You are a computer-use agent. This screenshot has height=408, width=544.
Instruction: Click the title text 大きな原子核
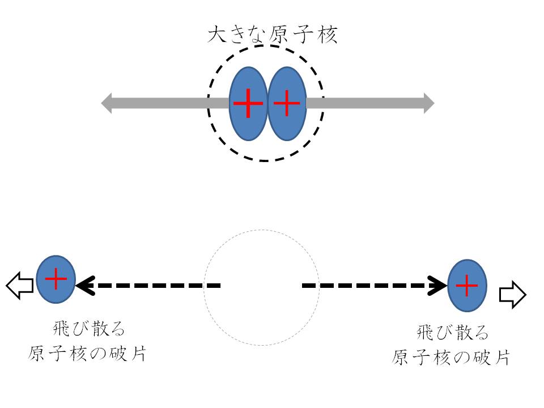click(x=273, y=35)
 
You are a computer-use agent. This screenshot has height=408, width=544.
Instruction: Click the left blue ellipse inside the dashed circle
click(x=248, y=103)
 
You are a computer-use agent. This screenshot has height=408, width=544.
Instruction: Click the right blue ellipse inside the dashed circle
click(x=287, y=103)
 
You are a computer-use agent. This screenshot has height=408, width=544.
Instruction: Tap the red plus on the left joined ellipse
click(x=248, y=103)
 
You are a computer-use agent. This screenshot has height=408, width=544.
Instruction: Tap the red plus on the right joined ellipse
click(x=287, y=103)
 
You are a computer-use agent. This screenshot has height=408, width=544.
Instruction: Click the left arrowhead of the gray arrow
click(x=107, y=103)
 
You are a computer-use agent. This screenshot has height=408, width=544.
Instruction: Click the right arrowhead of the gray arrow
click(x=429, y=103)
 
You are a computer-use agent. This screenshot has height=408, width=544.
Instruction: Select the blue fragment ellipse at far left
click(x=56, y=279)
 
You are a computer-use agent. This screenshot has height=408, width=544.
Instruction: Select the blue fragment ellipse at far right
click(x=467, y=285)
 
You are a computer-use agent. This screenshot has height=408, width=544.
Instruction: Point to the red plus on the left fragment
click(x=56, y=279)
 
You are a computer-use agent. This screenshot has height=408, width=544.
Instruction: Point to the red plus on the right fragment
click(x=466, y=286)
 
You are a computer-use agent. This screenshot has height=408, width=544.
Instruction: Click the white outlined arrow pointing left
click(x=20, y=285)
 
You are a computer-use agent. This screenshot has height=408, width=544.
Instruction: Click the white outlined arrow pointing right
click(x=513, y=295)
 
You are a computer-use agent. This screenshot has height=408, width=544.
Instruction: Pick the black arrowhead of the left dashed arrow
click(x=86, y=286)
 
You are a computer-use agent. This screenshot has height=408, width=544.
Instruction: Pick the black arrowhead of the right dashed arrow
click(x=437, y=286)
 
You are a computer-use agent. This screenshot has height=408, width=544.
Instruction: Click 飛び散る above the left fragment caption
click(x=88, y=329)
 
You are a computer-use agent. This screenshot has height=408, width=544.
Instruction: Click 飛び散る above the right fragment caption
click(x=452, y=333)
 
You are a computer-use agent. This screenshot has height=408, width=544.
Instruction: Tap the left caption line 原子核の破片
click(x=87, y=354)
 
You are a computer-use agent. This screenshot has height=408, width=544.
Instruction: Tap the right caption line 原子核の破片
click(x=450, y=358)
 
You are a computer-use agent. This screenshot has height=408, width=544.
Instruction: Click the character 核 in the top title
click(x=327, y=35)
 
